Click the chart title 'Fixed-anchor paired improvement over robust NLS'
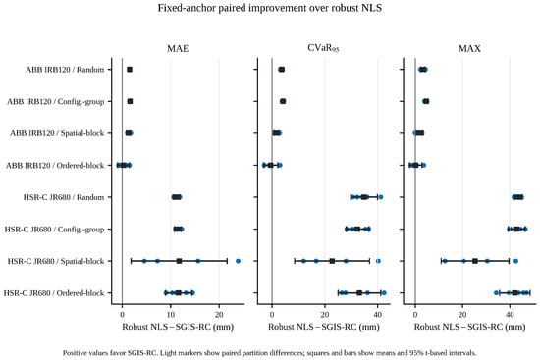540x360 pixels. [270, 8]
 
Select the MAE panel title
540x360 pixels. [178, 48]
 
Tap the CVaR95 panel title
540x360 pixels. [323, 48]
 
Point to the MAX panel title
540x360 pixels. [469, 48]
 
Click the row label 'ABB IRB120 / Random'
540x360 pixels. [65, 70]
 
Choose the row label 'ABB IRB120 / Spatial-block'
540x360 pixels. [57, 133]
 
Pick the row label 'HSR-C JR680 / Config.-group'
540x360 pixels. [54, 230]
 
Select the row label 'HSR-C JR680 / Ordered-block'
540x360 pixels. [54, 293]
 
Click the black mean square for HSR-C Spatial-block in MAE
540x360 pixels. [179, 261]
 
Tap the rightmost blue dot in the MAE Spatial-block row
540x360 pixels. [238, 261]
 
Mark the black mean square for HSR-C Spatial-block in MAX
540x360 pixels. [475, 261]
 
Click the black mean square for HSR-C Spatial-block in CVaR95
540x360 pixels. [332, 261]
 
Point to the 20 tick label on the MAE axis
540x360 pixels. [219, 314]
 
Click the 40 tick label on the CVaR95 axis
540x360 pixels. [377, 314]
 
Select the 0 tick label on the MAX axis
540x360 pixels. [415, 314]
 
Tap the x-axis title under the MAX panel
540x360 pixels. [469, 327]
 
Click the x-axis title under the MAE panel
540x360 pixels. [178, 327]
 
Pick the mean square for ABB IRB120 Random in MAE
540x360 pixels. [130, 70]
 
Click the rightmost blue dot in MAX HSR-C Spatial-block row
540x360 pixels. [515, 261]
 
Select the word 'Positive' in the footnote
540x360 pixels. [74, 353]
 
